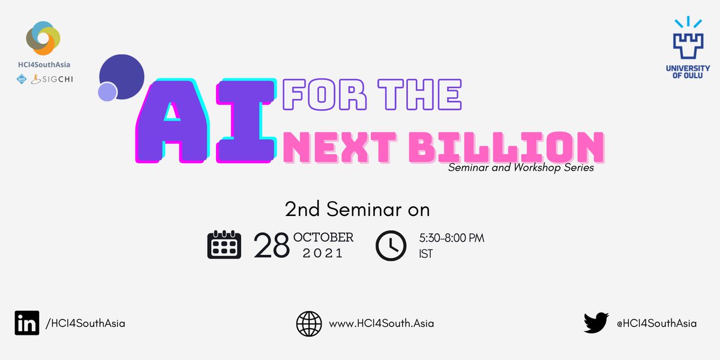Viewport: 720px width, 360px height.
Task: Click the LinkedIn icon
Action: pyautogui.click(x=27, y=323)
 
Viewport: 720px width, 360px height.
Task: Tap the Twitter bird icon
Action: pyautogui.click(x=596, y=323)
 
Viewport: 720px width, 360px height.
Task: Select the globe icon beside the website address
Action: pyautogui.click(x=309, y=323)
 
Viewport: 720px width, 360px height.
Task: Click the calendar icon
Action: pyautogui.click(x=224, y=245)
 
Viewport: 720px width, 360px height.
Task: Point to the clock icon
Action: pyautogui.click(x=391, y=245)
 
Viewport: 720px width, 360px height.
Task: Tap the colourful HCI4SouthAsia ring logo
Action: pyautogui.click(x=43, y=37)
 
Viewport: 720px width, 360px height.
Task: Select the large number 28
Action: pyautogui.click(x=272, y=245)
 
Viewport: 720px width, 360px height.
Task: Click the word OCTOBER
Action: pyautogui.click(x=323, y=238)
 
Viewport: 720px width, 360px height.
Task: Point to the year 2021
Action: pyautogui.click(x=323, y=254)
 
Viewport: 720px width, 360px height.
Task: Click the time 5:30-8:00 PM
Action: pyautogui.click(x=451, y=238)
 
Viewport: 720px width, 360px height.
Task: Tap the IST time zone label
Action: pyautogui.click(x=425, y=254)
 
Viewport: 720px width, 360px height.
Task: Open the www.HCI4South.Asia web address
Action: pyautogui.click(x=382, y=323)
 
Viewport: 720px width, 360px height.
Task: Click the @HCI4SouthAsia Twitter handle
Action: pyautogui.click(x=656, y=323)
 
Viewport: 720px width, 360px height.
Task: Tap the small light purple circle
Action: pyautogui.click(x=107, y=92)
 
